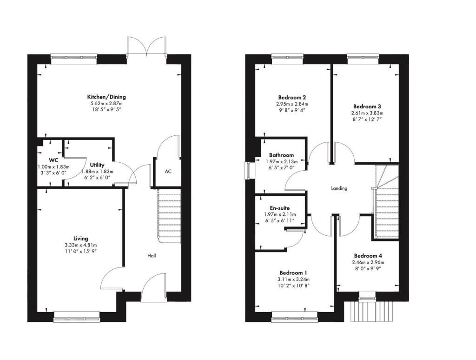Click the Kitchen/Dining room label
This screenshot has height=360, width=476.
(107, 97)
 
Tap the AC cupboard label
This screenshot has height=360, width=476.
(168, 172)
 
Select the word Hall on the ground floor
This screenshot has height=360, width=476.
(152, 256)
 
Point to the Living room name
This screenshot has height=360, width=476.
(81, 238)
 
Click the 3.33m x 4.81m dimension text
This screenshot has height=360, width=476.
(81, 245)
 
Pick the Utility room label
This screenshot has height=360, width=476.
(98, 165)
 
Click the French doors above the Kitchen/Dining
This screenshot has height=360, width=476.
(146, 47)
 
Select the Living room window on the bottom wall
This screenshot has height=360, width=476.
(77, 319)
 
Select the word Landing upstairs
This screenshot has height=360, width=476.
(339, 188)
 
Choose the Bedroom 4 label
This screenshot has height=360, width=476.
(368, 255)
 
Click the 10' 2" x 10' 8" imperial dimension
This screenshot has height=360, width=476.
(293, 285)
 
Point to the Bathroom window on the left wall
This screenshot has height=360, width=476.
(248, 170)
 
